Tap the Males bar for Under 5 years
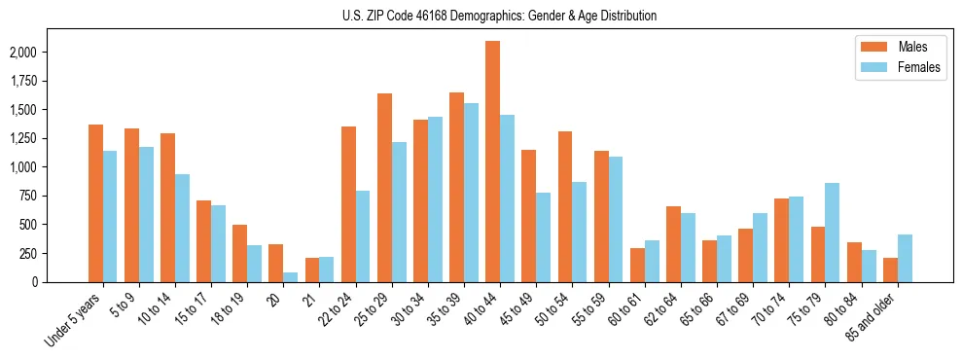[95, 203]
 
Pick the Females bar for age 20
[291, 277]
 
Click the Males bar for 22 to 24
[348, 204]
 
